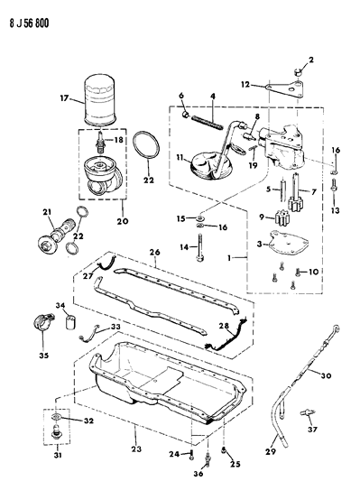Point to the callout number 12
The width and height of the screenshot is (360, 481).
coord(246,85)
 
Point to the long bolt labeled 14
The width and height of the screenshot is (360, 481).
coord(197,248)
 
